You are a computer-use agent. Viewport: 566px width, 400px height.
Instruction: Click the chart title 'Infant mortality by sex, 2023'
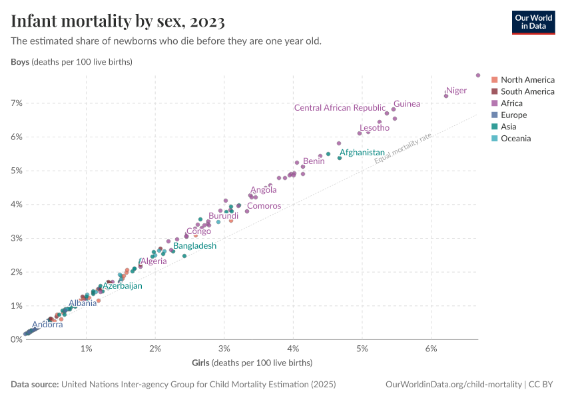(118, 21)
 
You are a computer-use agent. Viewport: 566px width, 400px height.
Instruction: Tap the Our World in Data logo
(533, 22)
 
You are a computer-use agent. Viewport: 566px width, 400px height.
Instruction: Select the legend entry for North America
(527, 80)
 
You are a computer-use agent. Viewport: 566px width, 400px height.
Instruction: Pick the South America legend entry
(527, 91)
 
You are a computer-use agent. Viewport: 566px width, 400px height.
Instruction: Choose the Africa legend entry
(511, 103)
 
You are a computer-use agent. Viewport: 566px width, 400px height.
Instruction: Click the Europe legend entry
(514, 115)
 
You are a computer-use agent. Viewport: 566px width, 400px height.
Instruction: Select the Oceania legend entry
(515, 139)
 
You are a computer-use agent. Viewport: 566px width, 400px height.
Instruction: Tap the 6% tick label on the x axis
(431, 349)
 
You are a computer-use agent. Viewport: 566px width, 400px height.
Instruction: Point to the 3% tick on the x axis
(224, 349)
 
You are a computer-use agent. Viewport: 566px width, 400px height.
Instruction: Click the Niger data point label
(456, 91)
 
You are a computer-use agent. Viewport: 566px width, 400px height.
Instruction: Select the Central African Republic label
(340, 108)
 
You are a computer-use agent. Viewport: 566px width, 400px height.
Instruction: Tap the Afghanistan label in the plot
(362, 153)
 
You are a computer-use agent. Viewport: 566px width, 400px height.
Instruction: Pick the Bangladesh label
(194, 246)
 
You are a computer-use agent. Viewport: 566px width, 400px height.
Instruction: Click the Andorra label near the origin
(47, 325)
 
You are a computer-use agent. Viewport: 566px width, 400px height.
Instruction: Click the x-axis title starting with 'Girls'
(251, 363)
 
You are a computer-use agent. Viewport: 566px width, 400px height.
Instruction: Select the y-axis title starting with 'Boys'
(72, 62)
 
